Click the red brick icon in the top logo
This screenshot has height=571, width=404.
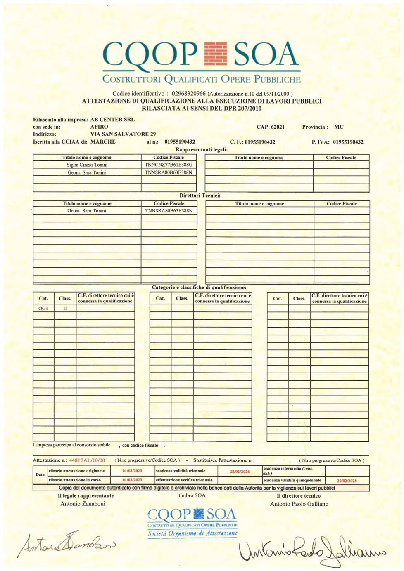[x=216, y=54]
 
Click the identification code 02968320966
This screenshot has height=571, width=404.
[x=188, y=94]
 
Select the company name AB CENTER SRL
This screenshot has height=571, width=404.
[x=112, y=120]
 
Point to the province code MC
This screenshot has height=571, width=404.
[x=339, y=127]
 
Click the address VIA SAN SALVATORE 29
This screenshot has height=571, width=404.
[x=123, y=134]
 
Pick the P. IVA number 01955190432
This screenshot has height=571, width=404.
[x=348, y=142]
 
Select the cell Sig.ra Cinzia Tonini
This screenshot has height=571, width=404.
[x=87, y=165]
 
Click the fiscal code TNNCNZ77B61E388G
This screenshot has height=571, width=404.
[x=169, y=165]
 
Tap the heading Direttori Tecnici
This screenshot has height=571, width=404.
[x=200, y=196]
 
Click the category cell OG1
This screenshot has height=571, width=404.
[x=43, y=308]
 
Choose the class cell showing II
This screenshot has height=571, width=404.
[x=65, y=308]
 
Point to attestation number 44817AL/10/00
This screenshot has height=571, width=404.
[x=87, y=460]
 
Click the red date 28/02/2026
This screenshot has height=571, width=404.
[x=240, y=472]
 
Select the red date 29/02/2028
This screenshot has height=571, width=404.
[x=347, y=481]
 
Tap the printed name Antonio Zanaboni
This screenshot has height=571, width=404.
[x=83, y=504]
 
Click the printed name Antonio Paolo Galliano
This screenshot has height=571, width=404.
[x=299, y=504]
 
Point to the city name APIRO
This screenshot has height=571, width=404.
[x=99, y=127]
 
